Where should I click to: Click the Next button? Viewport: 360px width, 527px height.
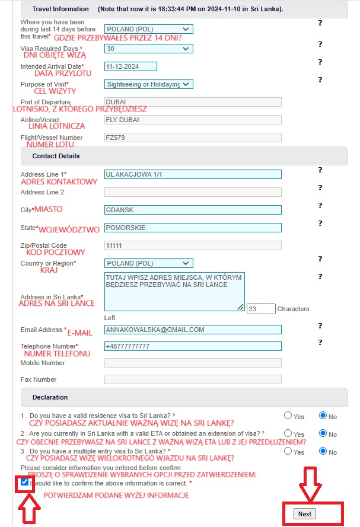305,513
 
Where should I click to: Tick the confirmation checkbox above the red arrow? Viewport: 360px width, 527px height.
24,483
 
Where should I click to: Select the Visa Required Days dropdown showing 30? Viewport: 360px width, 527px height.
148,49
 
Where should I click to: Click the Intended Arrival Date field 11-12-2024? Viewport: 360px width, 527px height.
130,66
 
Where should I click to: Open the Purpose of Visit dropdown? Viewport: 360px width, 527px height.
148,84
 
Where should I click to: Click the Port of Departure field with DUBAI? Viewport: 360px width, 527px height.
193,102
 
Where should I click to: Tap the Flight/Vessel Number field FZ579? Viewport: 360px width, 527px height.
193,138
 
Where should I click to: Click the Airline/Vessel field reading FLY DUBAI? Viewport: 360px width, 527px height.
193,120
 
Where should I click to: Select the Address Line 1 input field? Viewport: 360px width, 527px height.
193,174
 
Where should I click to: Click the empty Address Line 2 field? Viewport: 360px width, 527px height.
193,192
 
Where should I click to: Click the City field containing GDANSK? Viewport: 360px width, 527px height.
193,210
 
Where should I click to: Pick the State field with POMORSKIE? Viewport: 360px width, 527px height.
193,228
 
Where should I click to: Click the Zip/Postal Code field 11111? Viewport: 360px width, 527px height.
193,245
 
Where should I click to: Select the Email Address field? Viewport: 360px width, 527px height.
193,330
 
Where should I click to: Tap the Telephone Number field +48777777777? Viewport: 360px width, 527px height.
193,346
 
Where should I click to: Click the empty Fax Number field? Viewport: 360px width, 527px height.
193,379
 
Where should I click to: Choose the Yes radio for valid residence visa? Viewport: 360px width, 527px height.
288,416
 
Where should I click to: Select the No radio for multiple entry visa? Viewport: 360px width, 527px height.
323,451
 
